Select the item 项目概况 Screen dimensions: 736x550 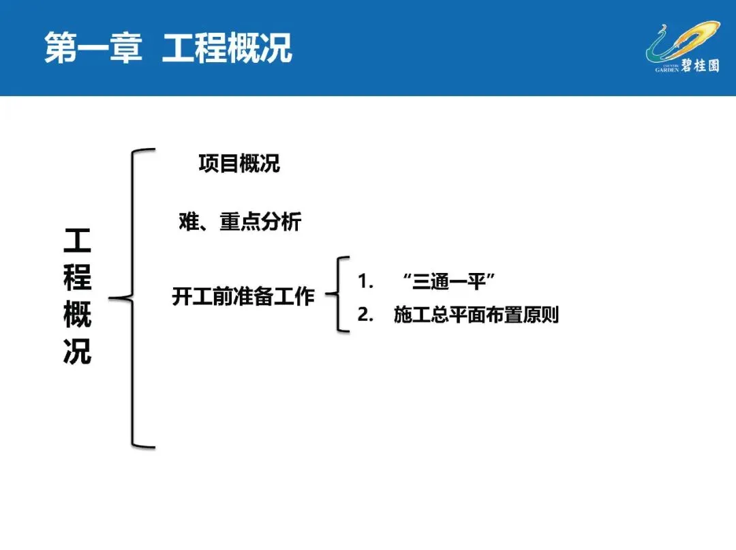coord(239,164)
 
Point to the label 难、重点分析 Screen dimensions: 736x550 coord(236,222)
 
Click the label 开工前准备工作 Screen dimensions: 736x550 coord(243,297)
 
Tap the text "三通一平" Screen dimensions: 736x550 coord(448,281)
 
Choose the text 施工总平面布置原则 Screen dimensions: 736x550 coord(476,315)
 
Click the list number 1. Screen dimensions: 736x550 coord(366,281)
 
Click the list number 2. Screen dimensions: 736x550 coord(366,315)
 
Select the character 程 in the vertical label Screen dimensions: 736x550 coord(77,278)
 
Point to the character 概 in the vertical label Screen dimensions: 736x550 coord(77,315)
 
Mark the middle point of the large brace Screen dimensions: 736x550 coord(116,298)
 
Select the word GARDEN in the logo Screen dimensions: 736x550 coord(667,70)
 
